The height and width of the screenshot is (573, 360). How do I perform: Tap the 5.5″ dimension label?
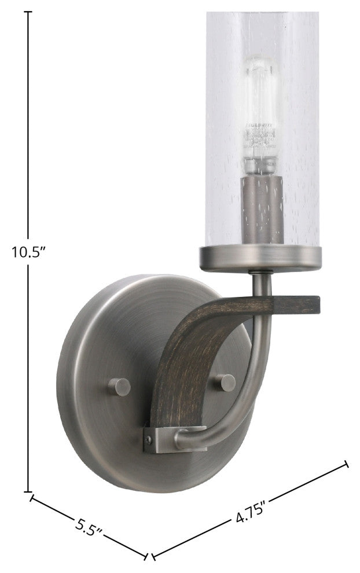tap(89, 528)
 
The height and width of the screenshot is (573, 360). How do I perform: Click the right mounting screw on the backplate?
tap(226, 382)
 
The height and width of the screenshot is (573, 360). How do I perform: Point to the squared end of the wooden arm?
tap(310, 304)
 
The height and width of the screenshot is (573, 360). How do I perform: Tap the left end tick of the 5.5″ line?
tap(31, 498)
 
